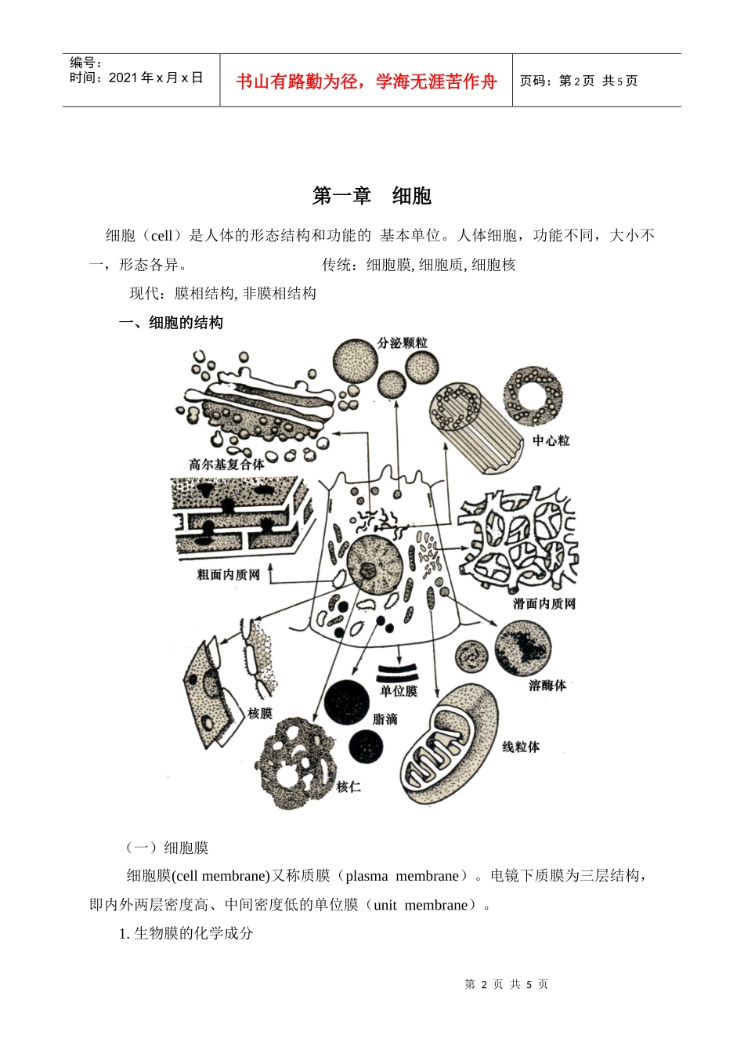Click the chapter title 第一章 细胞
pos(372,196)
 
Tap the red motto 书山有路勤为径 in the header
pos(367,81)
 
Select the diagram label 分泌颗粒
pos(403,343)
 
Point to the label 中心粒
pos(551,441)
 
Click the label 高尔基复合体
pos(227,464)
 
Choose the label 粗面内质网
pos(228,575)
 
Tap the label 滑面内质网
pos(544,604)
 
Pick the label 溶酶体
pos(547,686)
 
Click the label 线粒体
pos(521,747)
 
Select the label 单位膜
pos(399,691)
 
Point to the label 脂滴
pos(385,719)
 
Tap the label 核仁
pos(349,787)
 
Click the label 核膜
pos(260,713)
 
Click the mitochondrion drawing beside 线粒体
pos(448,744)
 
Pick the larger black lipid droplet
pos(347,701)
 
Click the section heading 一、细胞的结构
pos(171,323)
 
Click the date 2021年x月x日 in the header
pos(156,78)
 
